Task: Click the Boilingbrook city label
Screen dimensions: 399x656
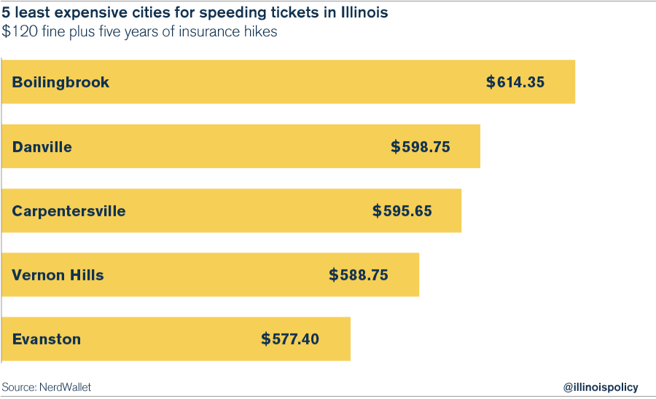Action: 60,82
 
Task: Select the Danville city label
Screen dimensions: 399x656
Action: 42,146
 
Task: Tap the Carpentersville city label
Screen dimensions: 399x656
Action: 69,211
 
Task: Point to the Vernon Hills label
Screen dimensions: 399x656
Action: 58,275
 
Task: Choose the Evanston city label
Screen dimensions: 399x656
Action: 47,339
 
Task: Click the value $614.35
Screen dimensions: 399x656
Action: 515,82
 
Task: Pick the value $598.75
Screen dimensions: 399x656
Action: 421,146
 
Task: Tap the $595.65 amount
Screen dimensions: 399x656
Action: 402,211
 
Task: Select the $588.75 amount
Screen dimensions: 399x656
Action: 359,275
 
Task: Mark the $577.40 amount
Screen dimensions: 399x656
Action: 290,339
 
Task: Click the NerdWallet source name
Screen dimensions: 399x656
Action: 65,387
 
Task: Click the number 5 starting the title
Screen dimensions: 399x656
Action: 6,12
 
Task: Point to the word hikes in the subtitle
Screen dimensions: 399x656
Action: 259,32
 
